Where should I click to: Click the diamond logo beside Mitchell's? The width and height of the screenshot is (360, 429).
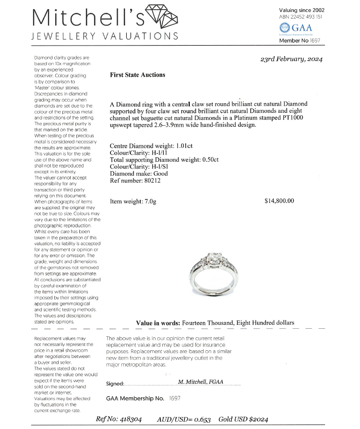point(161,18)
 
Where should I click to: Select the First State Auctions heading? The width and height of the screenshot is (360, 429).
point(137,75)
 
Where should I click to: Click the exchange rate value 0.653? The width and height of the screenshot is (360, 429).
point(203,419)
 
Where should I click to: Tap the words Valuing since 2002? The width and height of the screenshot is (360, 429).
point(301,10)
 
